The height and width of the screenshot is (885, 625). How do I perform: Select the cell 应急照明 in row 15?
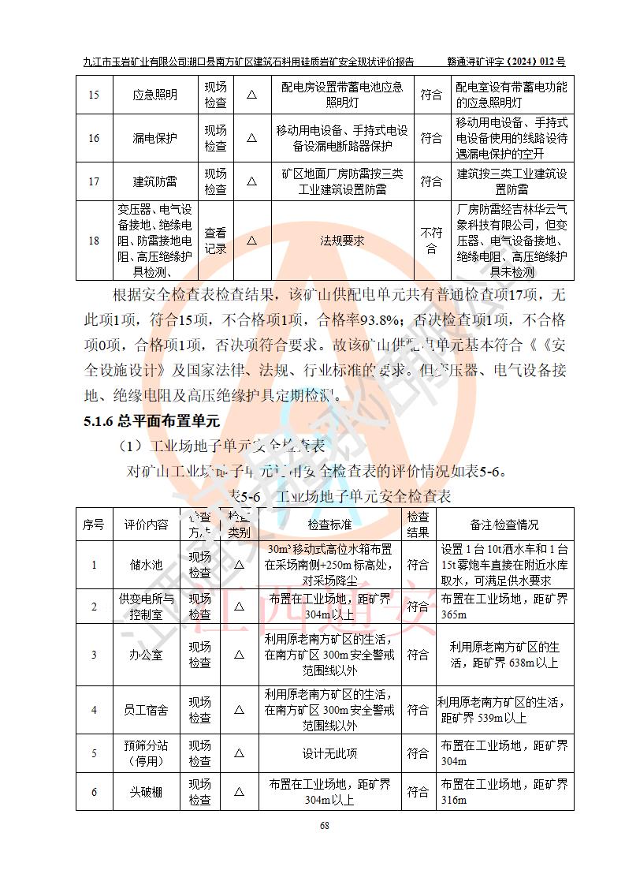[x=155, y=95]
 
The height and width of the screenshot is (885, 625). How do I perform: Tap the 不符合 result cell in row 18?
[x=431, y=241]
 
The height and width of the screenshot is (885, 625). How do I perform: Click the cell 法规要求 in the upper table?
[x=342, y=241]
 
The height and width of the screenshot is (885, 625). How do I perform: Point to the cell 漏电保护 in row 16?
[x=155, y=138]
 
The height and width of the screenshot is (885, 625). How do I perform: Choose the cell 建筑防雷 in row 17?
[x=155, y=181]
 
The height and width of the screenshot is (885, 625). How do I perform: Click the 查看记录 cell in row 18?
[x=215, y=241]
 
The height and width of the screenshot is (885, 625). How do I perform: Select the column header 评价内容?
[x=146, y=525]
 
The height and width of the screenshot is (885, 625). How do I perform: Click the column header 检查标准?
[x=330, y=525]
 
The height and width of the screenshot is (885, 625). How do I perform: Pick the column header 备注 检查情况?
[x=504, y=525]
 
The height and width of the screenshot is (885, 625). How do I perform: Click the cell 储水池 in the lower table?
[x=146, y=565]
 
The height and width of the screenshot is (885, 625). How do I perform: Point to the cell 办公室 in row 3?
[x=146, y=655]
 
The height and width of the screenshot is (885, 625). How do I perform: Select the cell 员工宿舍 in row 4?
[x=146, y=710]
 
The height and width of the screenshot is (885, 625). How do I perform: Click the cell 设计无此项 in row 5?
[x=330, y=753]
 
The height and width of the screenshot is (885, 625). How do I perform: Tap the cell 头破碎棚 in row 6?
[x=146, y=792]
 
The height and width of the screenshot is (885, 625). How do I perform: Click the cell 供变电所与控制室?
[x=146, y=606]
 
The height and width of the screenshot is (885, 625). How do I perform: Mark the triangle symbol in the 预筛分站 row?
[x=240, y=753]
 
